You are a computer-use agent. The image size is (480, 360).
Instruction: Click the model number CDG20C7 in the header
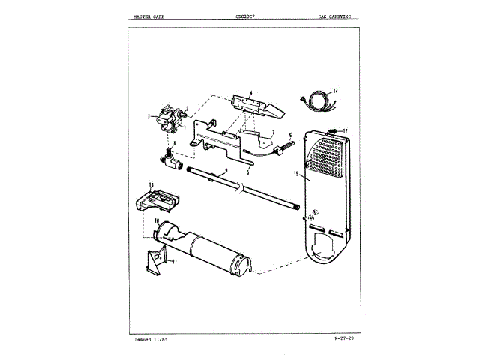click(x=245, y=14)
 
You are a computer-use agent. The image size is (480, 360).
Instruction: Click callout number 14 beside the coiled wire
click(x=335, y=91)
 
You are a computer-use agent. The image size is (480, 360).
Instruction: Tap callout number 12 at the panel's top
click(x=346, y=131)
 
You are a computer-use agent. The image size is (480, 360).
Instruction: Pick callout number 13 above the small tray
click(x=151, y=184)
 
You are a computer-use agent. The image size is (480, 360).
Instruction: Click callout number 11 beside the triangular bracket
click(x=173, y=262)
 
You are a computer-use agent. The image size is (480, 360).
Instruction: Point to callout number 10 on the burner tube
click(x=157, y=220)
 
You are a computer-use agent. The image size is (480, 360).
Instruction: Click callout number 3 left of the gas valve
click(x=148, y=116)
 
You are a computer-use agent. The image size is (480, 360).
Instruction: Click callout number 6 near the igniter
click(x=289, y=136)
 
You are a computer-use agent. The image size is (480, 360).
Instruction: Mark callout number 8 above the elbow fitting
click(x=175, y=142)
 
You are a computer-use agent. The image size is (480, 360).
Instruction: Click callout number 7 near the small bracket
click(x=274, y=132)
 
